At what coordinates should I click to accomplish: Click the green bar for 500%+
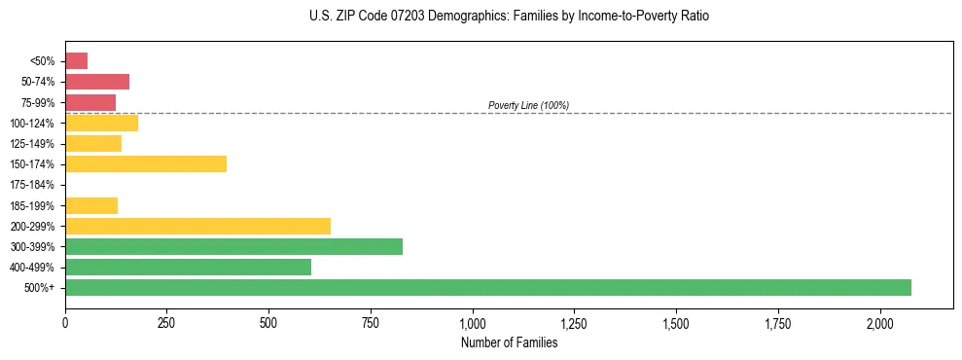point(487,288)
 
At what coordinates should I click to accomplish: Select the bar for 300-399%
point(233,246)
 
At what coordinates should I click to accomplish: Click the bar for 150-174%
point(146,163)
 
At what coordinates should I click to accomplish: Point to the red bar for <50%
point(76,61)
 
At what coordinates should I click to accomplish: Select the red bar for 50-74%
point(97,82)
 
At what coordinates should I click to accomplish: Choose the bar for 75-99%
point(90,102)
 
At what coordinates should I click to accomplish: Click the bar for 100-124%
point(101,123)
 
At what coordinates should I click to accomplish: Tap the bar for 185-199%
point(91,205)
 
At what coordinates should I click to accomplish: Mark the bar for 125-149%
point(93,143)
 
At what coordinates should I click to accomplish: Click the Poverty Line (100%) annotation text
point(528,105)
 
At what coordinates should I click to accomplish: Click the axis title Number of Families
point(509,342)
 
